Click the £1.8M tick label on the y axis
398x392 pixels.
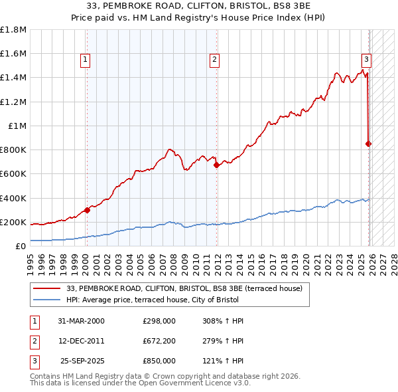coord(13,30)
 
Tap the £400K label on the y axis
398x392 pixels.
coord(13,198)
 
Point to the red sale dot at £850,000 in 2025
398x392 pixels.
coord(369,144)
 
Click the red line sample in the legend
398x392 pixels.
coord(47,288)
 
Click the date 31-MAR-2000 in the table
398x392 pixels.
coord(82,321)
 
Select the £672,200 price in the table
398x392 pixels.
coord(159,341)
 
